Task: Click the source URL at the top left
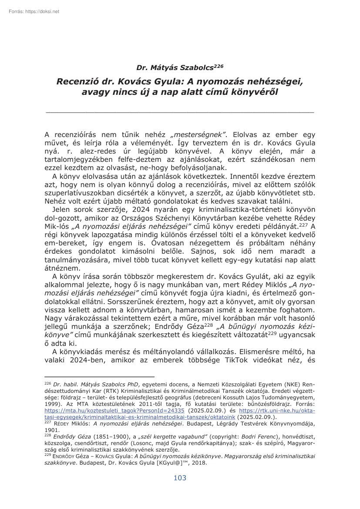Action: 34,11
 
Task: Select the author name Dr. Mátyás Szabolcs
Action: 174,68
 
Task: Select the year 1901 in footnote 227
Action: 51,429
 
